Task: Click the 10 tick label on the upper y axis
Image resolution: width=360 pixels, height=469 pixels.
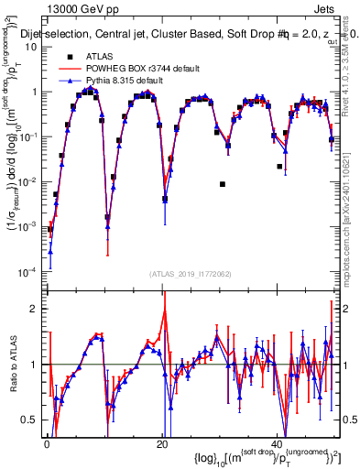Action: click(30, 45)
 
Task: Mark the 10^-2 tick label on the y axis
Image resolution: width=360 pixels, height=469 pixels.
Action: click(28, 180)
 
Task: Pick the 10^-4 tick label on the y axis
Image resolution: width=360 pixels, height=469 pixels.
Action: click(28, 271)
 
